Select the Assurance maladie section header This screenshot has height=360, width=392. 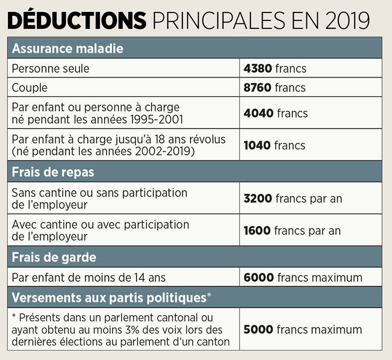click(x=67, y=49)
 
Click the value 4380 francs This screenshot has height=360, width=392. click(x=275, y=68)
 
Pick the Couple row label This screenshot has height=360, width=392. click(x=30, y=88)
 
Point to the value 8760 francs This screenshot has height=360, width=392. click(x=275, y=88)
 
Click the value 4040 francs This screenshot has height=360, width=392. click(x=275, y=113)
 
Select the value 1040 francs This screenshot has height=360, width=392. click(x=274, y=145)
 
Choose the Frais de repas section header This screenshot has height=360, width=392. click(x=53, y=172)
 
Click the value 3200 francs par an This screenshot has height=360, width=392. click(x=292, y=198)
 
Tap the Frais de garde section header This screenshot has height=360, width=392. click(x=54, y=257)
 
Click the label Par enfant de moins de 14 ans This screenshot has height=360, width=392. click(x=89, y=277)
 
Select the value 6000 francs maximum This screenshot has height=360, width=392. click(x=303, y=277)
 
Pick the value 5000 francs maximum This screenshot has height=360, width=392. click(x=302, y=329)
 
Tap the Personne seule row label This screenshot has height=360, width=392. click(x=51, y=68)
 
